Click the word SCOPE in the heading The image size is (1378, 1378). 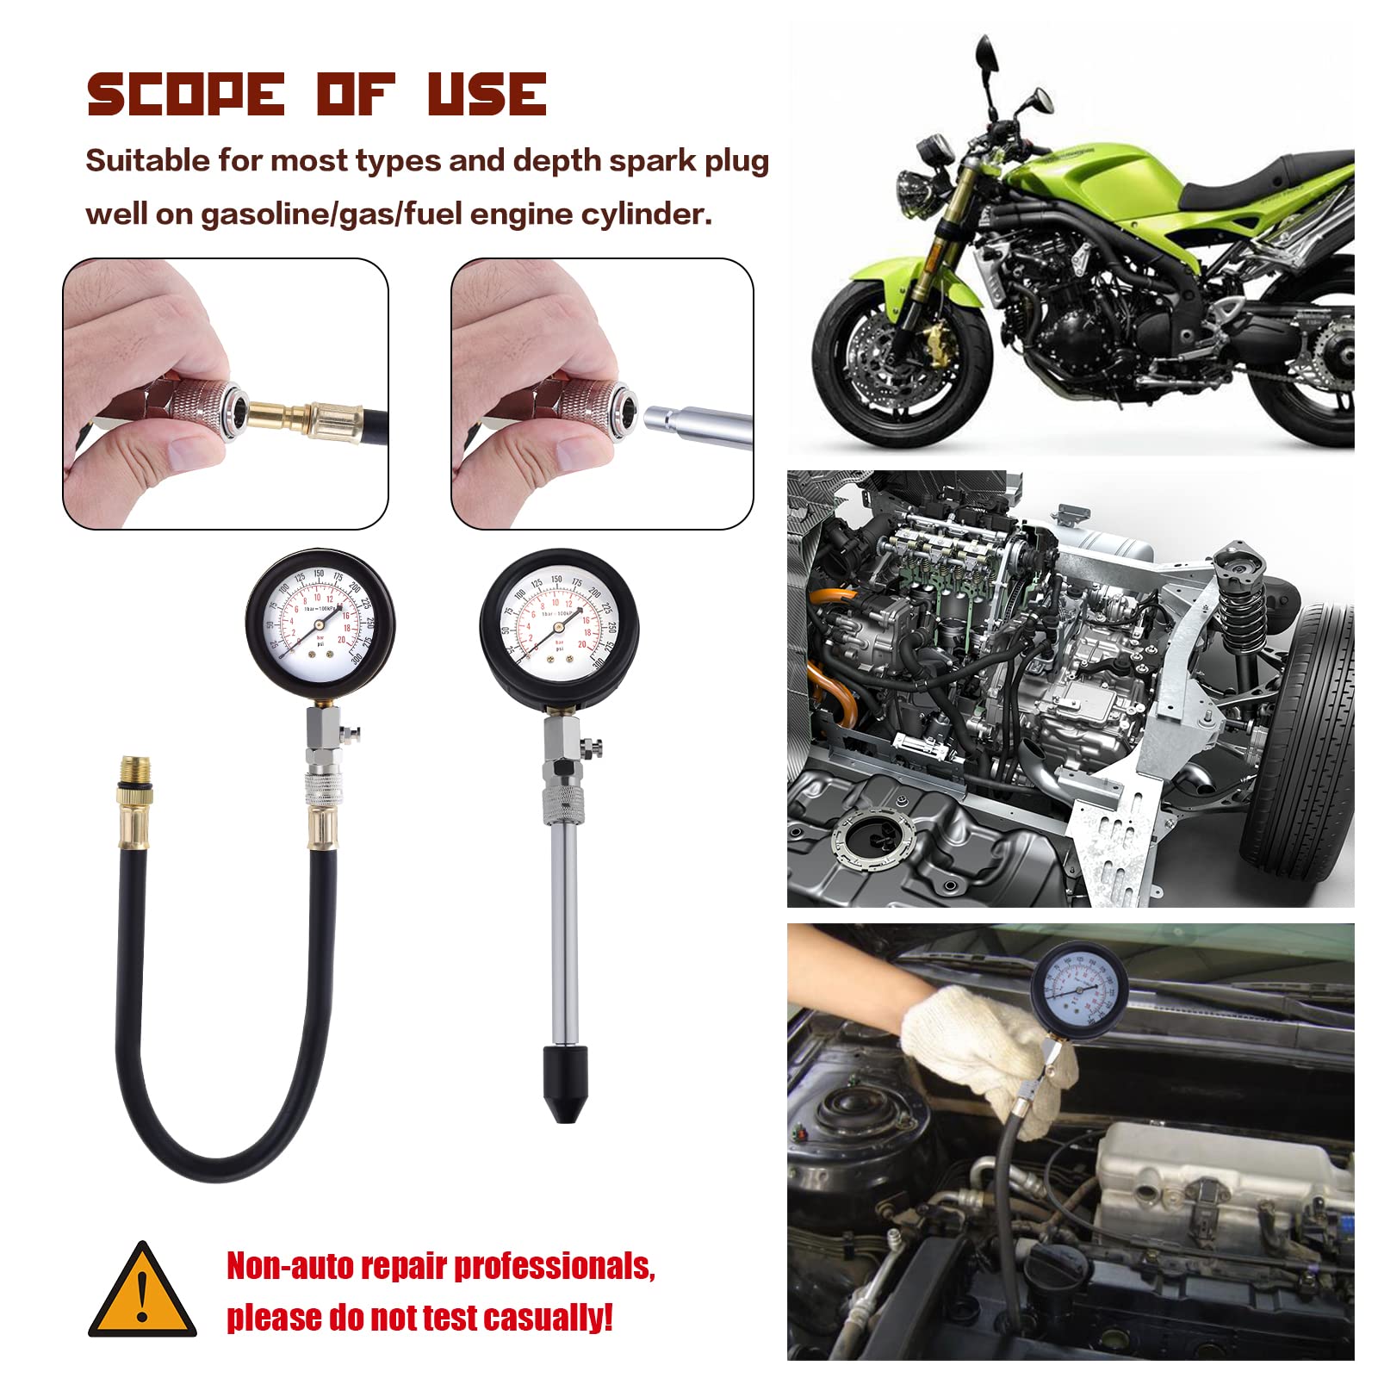coord(185,94)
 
